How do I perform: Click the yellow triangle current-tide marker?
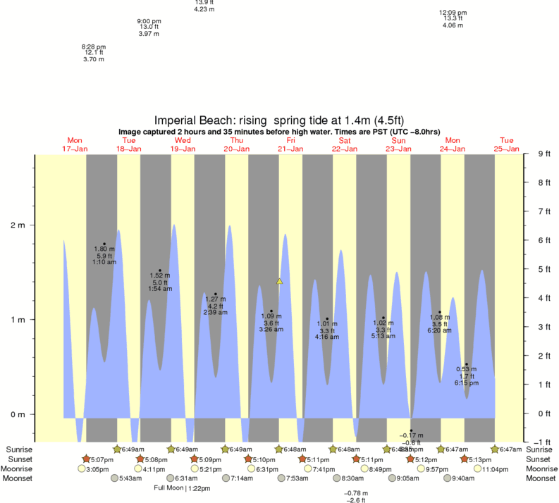point(279,281)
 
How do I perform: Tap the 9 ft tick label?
point(545,154)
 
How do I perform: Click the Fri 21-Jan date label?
point(290,144)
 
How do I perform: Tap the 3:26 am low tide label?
point(271,330)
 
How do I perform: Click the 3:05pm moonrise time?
point(97,468)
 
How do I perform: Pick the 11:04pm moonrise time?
point(491,468)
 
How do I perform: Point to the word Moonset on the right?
point(539,478)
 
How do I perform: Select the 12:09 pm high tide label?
point(453,13)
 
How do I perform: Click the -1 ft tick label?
point(545,442)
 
